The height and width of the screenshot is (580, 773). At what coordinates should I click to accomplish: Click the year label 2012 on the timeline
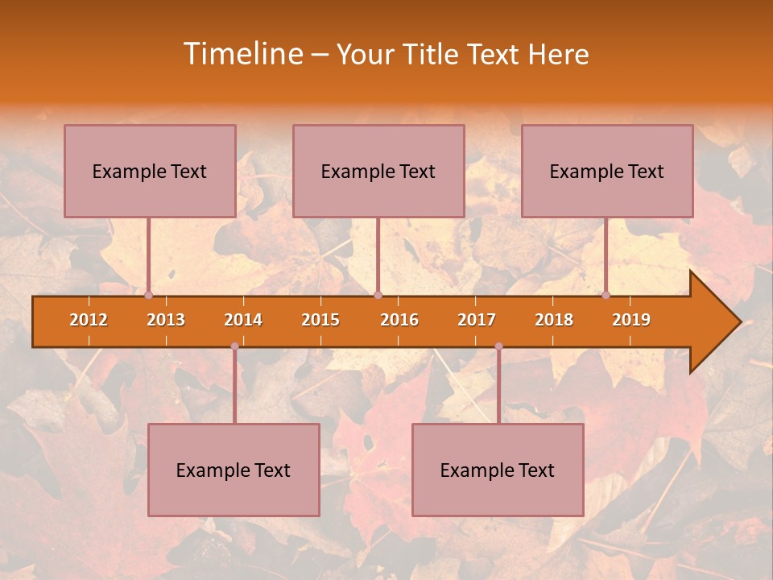click(x=89, y=320)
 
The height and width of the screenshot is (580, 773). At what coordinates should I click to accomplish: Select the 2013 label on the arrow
click(x=166, y=320)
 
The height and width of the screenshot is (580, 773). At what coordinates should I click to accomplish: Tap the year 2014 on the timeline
click(x=243, y=320)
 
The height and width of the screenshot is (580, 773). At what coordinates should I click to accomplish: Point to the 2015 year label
click(x=320, y=320)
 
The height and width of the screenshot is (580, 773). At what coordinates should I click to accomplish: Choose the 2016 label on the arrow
click(x=399, y=320)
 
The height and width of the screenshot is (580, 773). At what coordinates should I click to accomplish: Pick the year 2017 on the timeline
click(x=477, y=320)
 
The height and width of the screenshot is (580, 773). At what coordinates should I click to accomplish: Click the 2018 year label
click(x=554, y=320)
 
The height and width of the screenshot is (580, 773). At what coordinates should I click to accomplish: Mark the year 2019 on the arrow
click(x=631, y=320)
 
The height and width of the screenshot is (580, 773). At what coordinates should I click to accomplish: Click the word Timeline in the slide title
click(x=241, y=54)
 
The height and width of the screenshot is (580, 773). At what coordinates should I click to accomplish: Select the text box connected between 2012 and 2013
click(x=150, y=171)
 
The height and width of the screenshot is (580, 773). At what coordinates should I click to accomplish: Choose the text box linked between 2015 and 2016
click(x=378, y=171)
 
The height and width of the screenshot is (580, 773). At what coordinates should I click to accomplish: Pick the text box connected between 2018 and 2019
click(x=607, y=171)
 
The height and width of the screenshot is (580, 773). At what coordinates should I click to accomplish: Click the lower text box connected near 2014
click(x=234, y=470)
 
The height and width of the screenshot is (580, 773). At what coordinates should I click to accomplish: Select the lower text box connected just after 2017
click(x=498, y=470)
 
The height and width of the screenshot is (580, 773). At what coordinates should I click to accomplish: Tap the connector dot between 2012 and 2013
click(x=148, y=296)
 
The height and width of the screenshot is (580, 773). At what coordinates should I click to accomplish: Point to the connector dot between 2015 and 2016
click(x=378, y=296)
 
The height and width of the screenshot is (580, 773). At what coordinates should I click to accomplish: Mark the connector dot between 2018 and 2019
click(x=606, y=296)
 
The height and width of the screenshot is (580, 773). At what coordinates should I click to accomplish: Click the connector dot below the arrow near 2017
click(x=498, y=346)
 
